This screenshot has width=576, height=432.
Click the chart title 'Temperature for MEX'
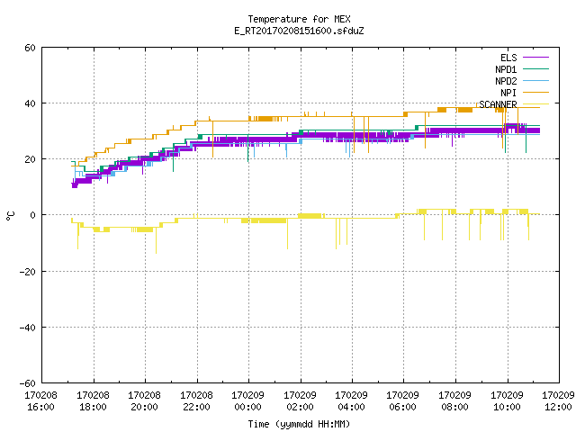click(299, 19)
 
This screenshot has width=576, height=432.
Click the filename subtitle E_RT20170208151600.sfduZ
click(299, 31)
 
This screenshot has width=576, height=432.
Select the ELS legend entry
click(508, 58)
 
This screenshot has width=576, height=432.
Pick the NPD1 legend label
click(506, 69)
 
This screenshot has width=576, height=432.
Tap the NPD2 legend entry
click(506, 81)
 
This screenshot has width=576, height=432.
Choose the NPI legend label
click(508, 93)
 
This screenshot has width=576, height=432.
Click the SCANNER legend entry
click(498, 104)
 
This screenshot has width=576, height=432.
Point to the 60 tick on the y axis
click(30, 48)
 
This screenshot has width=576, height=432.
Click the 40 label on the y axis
click(30, 103)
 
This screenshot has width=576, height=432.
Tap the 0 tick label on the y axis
click(32, 215)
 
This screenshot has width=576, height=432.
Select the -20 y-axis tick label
click(28, 272)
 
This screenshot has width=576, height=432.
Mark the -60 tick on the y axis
click(28, 383)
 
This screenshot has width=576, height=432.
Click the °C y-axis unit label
click(10, 216)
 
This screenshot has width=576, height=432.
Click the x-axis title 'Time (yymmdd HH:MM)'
click(299, 424)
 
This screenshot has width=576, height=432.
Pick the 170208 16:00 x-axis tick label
click(40, 401)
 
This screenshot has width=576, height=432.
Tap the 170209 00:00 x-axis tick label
click(248, 401)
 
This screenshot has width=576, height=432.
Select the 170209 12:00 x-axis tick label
click(558, 401)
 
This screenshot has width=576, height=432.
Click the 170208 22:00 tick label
click(196, 401)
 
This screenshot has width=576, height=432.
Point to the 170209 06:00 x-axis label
click(403, 401)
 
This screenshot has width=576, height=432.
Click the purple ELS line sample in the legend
click(535, 58)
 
